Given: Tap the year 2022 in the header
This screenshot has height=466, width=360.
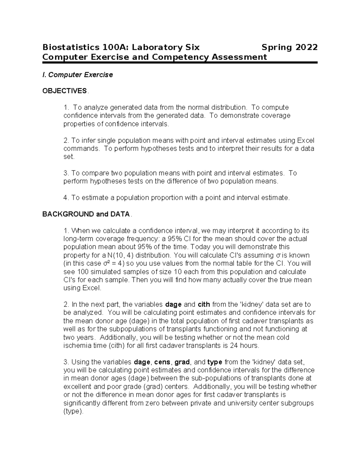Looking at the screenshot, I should (306, 47).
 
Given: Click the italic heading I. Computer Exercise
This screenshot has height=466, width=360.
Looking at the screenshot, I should (78, 75).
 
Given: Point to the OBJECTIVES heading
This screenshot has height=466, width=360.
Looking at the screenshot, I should (64, 91).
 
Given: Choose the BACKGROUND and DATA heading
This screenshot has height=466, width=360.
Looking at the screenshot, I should (86, 214).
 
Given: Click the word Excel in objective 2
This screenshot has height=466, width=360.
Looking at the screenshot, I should (306, 140).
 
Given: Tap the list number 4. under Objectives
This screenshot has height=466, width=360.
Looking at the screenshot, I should (66, 198).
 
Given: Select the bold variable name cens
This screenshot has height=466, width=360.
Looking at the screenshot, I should (162, 362).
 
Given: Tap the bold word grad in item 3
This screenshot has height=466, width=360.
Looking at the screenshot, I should (182, 362).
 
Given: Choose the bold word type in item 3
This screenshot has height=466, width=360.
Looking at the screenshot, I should (214, 362).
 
